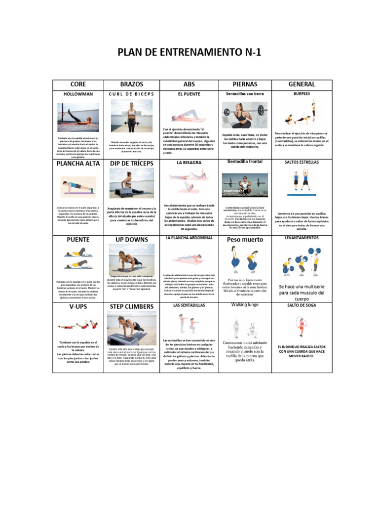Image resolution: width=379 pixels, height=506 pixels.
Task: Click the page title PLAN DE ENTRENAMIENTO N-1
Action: [x=189, y=53]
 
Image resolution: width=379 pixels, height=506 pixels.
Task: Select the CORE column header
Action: [x=78, y=84]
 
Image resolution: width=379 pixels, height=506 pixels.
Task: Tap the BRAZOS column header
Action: [x=132, y=84]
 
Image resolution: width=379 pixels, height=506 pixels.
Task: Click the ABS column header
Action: [x=189, y=84]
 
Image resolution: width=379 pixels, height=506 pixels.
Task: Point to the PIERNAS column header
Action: [x=245, y=84]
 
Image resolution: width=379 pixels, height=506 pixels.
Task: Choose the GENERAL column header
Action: [x=302, y=84]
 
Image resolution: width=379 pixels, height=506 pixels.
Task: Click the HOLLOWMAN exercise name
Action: [x=78, y=93]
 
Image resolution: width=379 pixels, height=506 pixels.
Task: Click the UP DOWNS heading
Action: [x=132, y=240]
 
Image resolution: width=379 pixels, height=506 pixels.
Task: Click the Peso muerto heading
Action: [x=245, y=240]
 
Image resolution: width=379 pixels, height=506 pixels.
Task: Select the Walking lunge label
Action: [x=245, y=305]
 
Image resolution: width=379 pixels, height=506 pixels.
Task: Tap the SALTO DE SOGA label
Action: [x=302, y=305]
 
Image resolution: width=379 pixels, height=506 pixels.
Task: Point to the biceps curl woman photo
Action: [x=132, y=115]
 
